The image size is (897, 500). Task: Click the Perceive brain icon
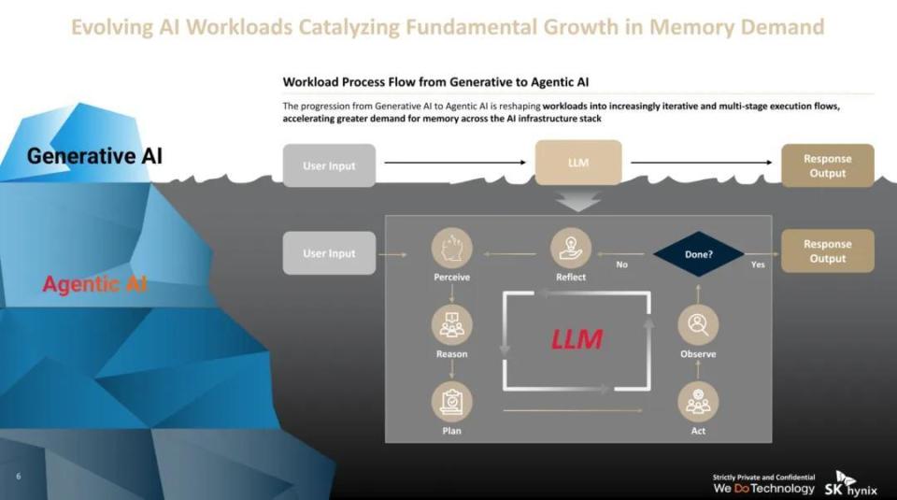tap(452, 249)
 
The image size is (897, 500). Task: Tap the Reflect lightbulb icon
tap(570, 249)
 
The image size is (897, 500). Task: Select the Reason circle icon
tap(452, 325)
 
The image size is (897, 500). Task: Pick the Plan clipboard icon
tap(452, 402)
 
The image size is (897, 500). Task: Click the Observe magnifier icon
tap(698, 325)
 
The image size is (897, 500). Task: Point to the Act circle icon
tap(698, 402)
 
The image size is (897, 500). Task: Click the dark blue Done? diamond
tap(699, 254)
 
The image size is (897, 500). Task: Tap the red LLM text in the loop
tap(577, 339)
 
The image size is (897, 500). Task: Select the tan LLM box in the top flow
tap(578, 163)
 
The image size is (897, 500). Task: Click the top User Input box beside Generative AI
tap(329, 165)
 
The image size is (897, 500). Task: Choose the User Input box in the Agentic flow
tap(329, 253)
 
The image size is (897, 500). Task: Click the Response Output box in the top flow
tap(827, 165)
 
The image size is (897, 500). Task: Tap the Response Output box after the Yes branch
tap(827, 250)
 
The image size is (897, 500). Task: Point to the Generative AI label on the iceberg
tap(94, 156)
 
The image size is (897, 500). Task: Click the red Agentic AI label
tap(95, 284)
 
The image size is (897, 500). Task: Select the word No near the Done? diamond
tap(622, 264)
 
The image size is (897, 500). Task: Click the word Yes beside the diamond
tap(758, 264)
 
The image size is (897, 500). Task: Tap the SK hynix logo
tap(850, 484)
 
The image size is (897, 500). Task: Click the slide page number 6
tap(19, 476)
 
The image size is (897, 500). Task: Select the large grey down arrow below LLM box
tap(577, 202)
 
